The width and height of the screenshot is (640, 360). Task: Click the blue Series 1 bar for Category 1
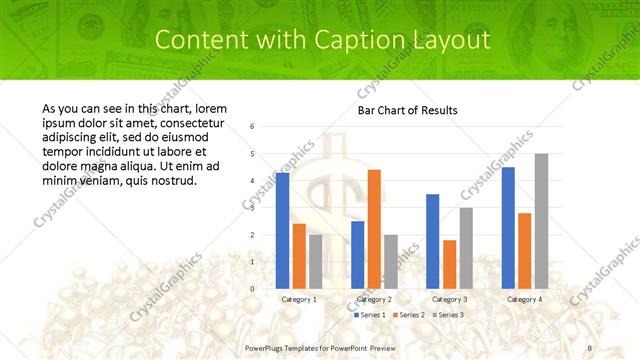pos(283,231)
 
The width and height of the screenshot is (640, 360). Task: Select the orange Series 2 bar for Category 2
pos(374,229)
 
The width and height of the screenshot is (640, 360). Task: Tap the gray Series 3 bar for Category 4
pos(541,221)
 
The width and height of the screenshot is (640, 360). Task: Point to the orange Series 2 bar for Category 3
pos(449,264)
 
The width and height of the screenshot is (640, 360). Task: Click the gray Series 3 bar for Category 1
pos(316,262)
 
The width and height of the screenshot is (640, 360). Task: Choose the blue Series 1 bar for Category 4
pos(508,228)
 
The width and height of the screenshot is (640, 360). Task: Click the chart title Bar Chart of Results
pos(407,110)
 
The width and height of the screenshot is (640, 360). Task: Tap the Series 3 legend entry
pos(448,315)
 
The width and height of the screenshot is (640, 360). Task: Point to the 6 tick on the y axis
pos(253,127)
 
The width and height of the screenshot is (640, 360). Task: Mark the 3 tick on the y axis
pos(253,208)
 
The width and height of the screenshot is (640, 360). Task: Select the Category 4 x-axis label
pos(524,299)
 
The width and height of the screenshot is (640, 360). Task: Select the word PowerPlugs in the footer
pos(266,347)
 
